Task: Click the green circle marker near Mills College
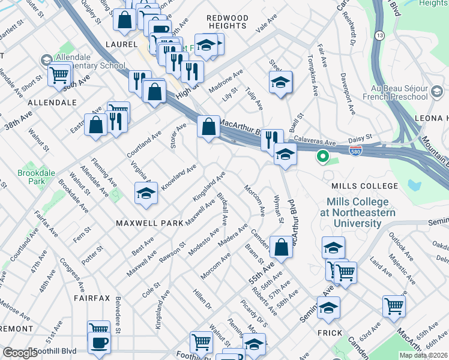tap(322, 158)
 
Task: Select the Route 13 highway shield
tap(379, 36)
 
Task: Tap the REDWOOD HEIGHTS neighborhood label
tap(226, 22)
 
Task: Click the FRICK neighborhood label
tap(330, 333)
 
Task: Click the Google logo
tap(20, 353)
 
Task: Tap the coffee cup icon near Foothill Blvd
tap(100, 343)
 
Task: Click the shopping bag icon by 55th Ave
tap(281, 246)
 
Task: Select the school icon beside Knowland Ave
tap(145, 193)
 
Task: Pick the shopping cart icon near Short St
tap(60, 74)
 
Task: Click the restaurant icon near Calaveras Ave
tap(272, 140)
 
